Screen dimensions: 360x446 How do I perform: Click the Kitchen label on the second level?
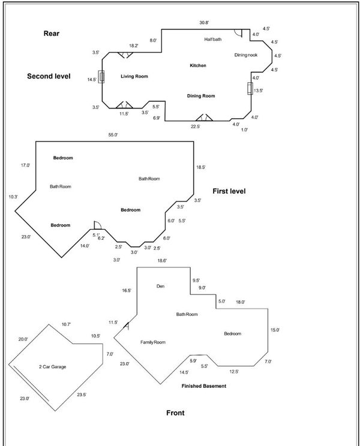coord(198,65)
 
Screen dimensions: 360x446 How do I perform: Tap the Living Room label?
coord(134,76)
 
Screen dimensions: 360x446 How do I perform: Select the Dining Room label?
coord(201,96)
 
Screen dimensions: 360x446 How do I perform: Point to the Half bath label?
coord(213,39)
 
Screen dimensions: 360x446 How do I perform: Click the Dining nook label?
coord(246,55)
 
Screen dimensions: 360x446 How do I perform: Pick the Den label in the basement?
coord(161,286)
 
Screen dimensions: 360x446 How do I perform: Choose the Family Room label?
coord(153,342)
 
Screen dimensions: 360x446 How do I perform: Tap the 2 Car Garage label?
coord(52,367)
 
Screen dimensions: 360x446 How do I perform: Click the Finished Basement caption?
coord(204,386)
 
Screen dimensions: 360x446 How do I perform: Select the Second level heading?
coord(49,76)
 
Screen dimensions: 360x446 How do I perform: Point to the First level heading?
coord(229,191)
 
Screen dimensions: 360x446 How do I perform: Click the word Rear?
coord(52,34)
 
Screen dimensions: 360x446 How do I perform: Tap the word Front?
coord(175,412)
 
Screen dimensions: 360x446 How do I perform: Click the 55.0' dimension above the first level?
coord(113,135)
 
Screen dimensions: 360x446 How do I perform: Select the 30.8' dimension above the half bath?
coord(204,22)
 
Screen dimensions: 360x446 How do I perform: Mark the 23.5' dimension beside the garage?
coord(82,395)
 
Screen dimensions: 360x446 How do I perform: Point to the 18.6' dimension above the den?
coord(162,261)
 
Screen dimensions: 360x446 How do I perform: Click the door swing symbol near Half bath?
coord(238,33)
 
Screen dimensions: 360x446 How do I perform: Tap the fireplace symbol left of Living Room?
coord(101,77)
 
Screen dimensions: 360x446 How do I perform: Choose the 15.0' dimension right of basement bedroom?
coord(275,330)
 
